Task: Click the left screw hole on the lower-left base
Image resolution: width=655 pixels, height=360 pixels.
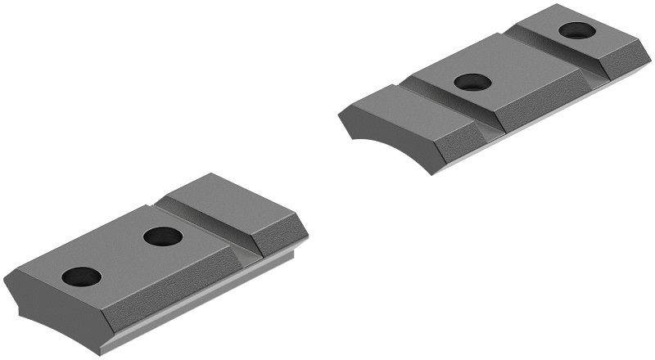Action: tap(81, 277)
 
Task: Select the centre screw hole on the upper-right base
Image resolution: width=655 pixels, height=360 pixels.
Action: tap(472, 82)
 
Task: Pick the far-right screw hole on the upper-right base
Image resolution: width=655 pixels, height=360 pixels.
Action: tap(576, 31)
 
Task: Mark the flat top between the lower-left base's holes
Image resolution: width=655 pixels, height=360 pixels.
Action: tap(123, 255)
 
